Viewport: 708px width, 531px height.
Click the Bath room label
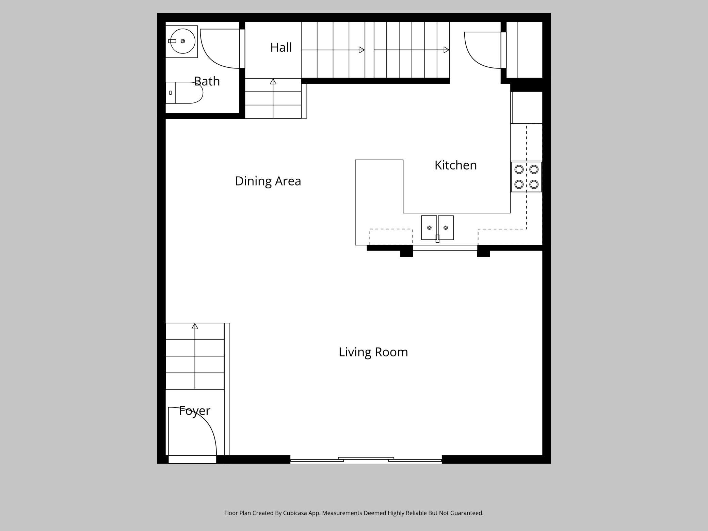(x=207, y=81)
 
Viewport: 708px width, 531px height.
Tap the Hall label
(x=281, y=47)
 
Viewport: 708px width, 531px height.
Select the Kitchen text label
(x=455, y=165)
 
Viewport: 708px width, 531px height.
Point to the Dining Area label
(x=268, y=181)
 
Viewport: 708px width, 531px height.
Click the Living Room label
(x=373, y=352)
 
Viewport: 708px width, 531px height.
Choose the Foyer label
(x=194, y=411)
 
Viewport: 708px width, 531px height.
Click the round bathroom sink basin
(x=183, y=41)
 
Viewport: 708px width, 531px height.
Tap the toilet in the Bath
(x=184, y=93)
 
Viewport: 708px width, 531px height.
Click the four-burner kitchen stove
(x=526, y=177)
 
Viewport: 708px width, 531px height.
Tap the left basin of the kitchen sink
(x=429, y=227)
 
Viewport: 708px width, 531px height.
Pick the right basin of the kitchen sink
(x=446, y=227)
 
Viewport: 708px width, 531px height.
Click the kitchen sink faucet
(x=437, y=238)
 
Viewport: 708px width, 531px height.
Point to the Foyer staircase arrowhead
(x=195, y=326)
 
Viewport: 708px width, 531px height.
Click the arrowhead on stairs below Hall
(x=273, y=81)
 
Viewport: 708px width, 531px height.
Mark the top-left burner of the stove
(x=519, y=169)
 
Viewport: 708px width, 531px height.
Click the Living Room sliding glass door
(x=366, y=460)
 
